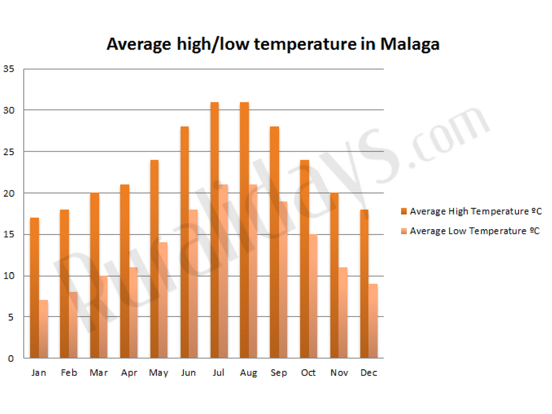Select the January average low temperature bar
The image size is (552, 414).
[x=44, y=329]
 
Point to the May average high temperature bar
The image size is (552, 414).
[x=155, y=259]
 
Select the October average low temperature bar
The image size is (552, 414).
[x=313, y=296]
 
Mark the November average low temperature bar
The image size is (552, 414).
[x=343, y=313]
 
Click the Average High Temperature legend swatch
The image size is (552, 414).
[x=404, y=211]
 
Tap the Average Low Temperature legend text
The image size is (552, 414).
[x=475, y=231]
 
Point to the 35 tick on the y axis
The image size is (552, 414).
[x=9, y=69]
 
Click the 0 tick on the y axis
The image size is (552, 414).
[x=11, y=358]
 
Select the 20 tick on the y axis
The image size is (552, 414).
[x=9, y=193]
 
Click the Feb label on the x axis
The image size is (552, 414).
[x=69, y=373]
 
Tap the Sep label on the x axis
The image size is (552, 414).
[x=279, y=373]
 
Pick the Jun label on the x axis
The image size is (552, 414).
[x=189, y=373]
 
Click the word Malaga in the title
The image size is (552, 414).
[x=410, y=44]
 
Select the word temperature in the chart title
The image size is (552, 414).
[x=305, y=44]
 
